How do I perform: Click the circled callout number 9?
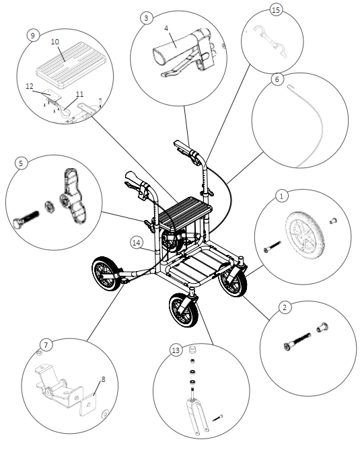33,36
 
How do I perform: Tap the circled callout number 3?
146,18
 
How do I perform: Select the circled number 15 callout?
276,10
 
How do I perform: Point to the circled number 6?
277,79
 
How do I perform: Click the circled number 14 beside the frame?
137,243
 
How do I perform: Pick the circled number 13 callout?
176,350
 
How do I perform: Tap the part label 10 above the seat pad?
55,42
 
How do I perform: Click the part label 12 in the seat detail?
30,86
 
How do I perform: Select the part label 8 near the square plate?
103,379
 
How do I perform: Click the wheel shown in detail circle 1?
305,235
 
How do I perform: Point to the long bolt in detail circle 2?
297,342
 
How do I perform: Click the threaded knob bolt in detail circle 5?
26,219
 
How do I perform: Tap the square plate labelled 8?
87,404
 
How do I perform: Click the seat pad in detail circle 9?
72,65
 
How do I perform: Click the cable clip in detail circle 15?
271,42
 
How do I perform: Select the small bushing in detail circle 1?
333,221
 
